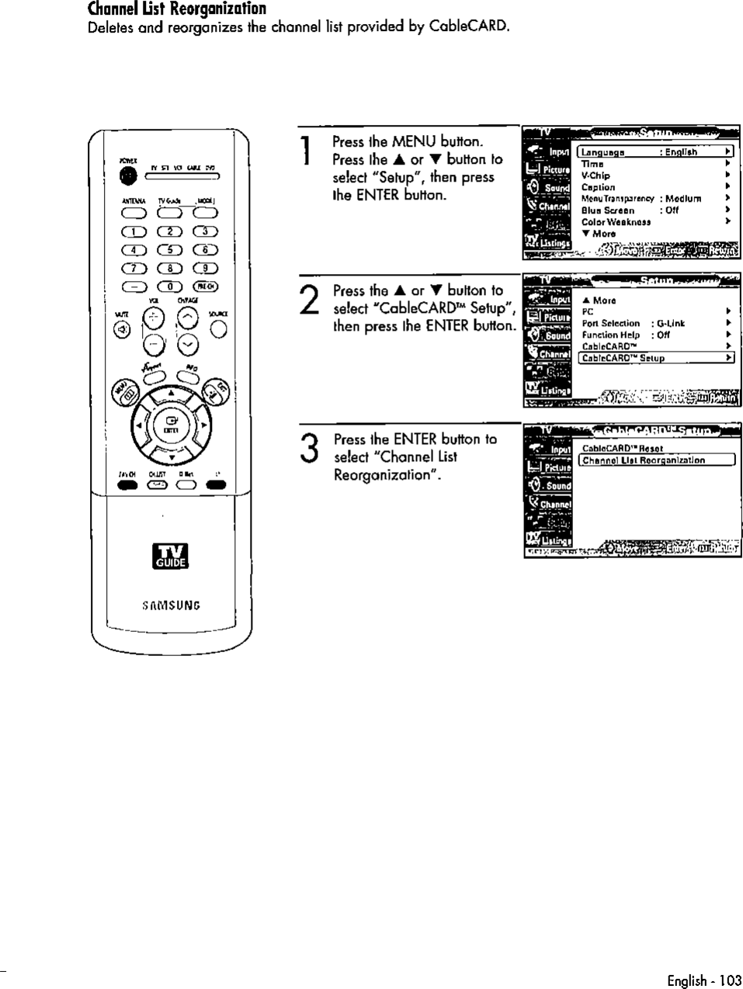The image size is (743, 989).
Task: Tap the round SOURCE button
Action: click(218, 330)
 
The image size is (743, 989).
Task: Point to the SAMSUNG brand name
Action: click(171, 606)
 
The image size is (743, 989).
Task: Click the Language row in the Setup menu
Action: click(654, 152)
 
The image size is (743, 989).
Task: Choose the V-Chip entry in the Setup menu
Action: click(596, 175)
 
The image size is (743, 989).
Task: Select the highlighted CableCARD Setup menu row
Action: click(654, 358)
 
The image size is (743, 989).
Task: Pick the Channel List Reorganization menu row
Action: click(654, 460)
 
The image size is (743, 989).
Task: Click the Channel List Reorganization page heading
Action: click(177, 9)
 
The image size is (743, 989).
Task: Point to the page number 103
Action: click(730, 980)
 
